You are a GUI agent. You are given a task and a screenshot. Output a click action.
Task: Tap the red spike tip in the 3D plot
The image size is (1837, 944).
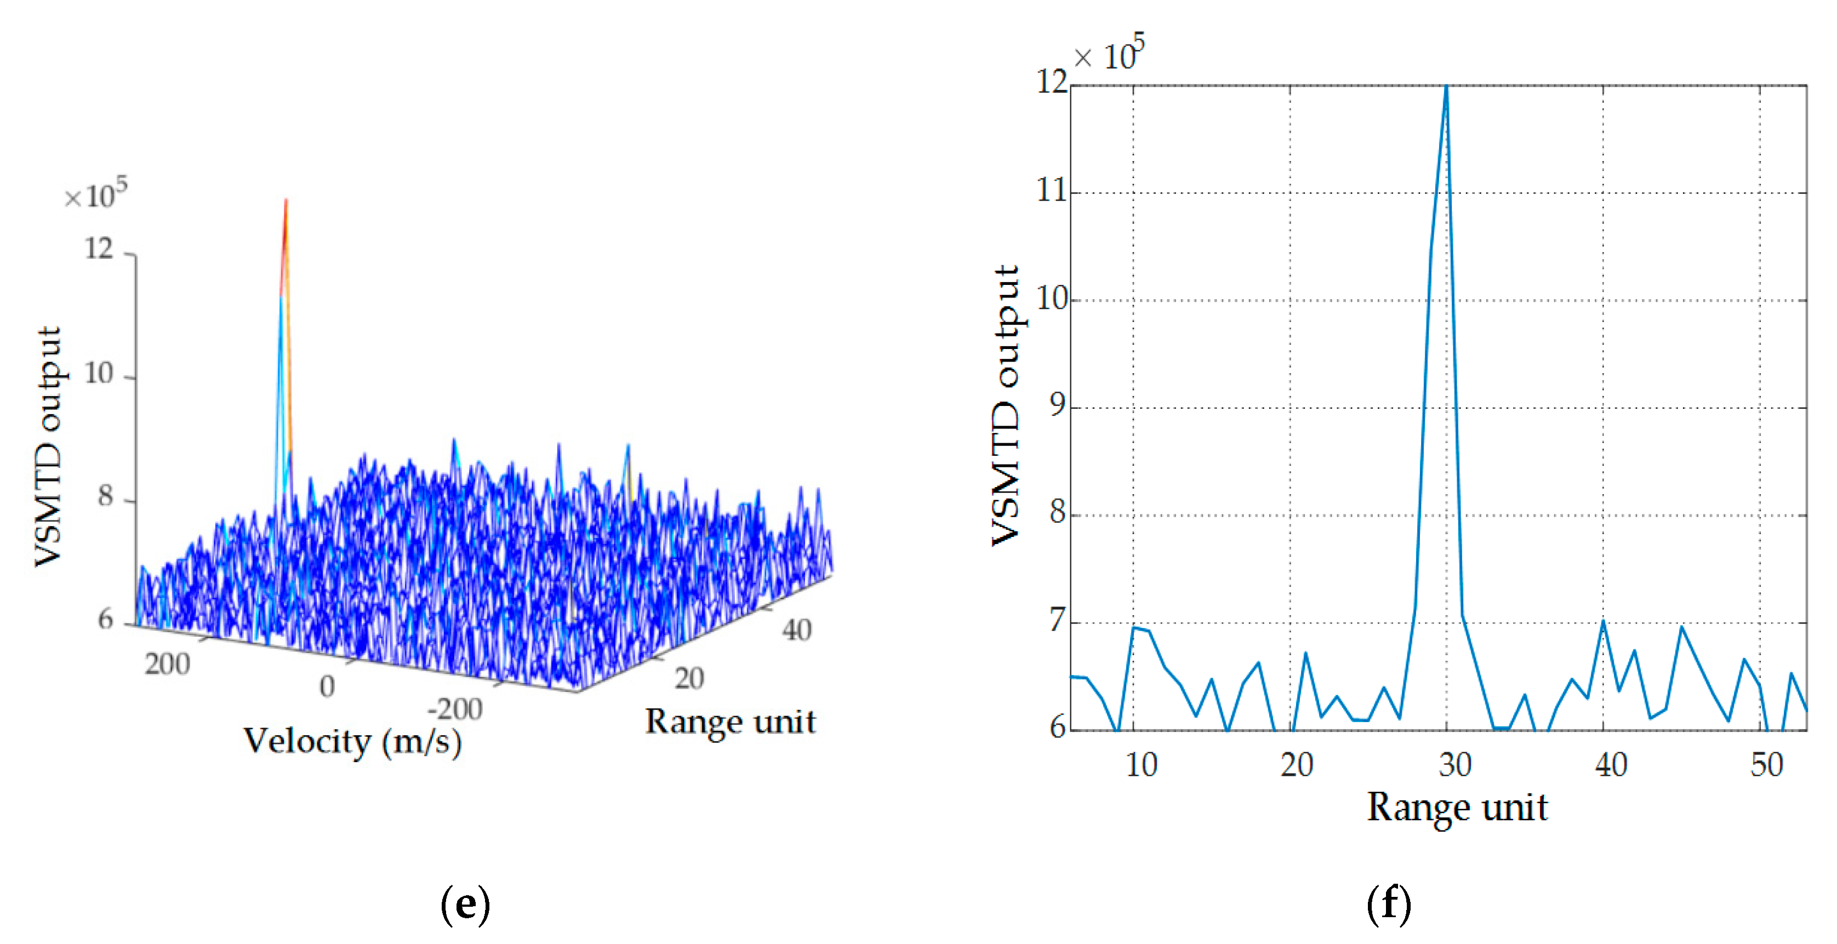pyautogui.click(x=286, y=201)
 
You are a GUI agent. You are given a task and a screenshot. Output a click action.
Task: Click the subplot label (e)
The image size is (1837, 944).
pyautogui.click(x=465, y=903)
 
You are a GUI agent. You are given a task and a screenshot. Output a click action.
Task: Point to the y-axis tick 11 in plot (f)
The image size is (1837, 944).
pyautogui.click(x=1051, y=191)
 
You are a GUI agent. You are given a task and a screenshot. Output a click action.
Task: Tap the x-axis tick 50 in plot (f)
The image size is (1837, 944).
pyautogui.click(x=1766, y=765)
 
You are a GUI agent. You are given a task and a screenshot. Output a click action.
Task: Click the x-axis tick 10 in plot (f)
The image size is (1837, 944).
pyautogui.click(x=1141, y=765)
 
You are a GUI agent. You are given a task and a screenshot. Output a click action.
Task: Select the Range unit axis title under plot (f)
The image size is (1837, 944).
pyautogui.click(x=1457, y=808)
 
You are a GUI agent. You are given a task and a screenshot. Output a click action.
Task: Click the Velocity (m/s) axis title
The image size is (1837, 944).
pyautogui.click(x=352, y=741)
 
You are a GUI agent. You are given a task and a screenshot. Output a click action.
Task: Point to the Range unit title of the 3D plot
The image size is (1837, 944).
pyautogui.click(x=730, y=721)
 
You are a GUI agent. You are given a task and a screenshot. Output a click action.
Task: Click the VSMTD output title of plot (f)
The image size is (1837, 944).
pyautogui.click(x=1006, y=405)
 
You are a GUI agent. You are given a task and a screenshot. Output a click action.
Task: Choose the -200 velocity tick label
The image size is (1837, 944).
pyautogui.click(x=454, y=710)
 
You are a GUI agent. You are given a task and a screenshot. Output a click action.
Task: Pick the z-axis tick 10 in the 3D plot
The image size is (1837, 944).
pyautogui.click(x=99, y=374)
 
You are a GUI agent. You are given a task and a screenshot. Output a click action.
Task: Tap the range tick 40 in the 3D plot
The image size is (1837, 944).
pyautogui.click(x=796, y=630)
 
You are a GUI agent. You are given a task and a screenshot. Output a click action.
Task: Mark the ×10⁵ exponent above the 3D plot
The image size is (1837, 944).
pyautogui.click(x=95, y=194)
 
